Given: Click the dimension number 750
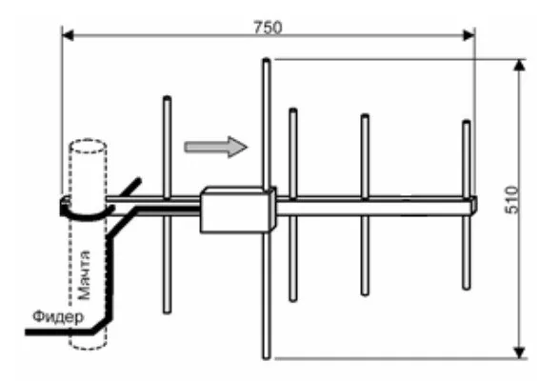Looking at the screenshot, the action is pos(268,27).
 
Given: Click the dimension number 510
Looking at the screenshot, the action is pos(512,200).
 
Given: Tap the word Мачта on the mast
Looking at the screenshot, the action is pos(84,274).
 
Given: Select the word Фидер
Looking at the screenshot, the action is pos(59,317).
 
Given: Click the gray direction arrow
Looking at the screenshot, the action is pos(215,147).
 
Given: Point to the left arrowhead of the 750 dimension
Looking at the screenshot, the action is pos(68,36).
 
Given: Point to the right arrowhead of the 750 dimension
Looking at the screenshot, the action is pos(469,36).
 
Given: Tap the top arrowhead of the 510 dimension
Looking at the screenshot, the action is pos(520,66).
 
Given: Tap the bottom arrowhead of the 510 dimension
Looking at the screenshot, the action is pos(520,353).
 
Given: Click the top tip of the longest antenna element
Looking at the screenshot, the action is pos(267,59).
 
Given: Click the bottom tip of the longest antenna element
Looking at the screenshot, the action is pos(267,357).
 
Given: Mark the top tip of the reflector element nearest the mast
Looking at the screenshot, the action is pos(167,97).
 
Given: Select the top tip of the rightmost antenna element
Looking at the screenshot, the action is pos(467,122).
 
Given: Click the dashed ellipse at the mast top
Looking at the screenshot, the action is pos(88,146).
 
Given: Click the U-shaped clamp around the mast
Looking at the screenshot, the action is pos(86,216).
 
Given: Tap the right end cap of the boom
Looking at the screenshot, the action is pos(473,205).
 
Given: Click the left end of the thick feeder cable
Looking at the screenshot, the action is pos(26,333).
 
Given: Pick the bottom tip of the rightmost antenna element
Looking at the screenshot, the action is pos(467,288).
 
